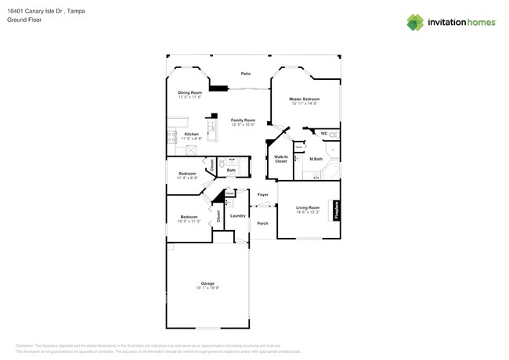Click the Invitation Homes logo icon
[416, 23]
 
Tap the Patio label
[245, 74]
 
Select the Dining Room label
[190, 92]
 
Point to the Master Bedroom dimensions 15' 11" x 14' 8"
[305, 103]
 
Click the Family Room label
[243, 120]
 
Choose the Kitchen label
[191, 134]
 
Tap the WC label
[324, 134]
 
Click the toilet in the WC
[334, 134]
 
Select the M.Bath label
[316, 159]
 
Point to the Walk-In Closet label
[280, 160]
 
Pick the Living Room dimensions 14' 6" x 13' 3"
[307, 212]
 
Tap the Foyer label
[263, 194]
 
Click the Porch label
[262, 223]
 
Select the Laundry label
[238, 216]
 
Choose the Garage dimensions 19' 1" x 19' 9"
[208, 287]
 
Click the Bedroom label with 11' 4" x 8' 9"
[187, 173]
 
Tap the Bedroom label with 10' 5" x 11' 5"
[190, 217]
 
